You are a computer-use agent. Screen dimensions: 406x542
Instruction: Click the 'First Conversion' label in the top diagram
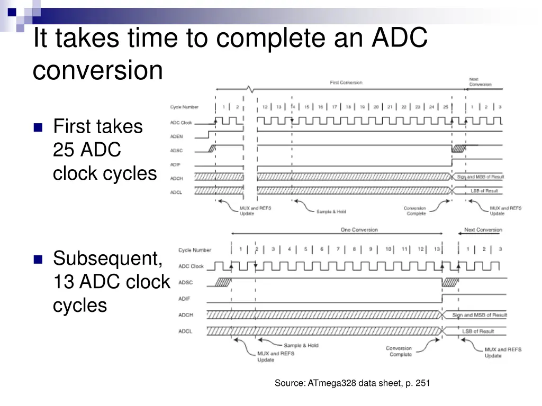(346, 82)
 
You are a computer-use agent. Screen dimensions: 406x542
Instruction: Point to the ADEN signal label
(176, 136)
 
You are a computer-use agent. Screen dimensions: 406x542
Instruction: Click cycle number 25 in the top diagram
(446, 107)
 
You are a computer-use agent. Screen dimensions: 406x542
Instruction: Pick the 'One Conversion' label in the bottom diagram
(359, 230)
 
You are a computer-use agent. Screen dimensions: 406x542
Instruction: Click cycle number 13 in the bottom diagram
(437, 249)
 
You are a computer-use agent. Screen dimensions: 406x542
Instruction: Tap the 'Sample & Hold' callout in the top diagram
(331, 211)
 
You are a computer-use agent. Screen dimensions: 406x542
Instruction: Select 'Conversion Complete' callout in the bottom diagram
(400, 352)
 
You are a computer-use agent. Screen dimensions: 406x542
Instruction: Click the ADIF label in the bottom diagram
(184, 299)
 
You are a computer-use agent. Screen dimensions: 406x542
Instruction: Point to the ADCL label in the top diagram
(176, 192)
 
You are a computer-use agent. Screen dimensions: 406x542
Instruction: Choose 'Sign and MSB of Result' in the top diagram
(480, 177)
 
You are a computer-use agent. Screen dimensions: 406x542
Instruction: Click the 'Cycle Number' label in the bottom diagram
(194, 250)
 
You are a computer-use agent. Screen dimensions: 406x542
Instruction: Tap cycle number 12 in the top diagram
(265, 107)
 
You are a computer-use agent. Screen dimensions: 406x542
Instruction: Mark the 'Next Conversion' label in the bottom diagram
(483, 230)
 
